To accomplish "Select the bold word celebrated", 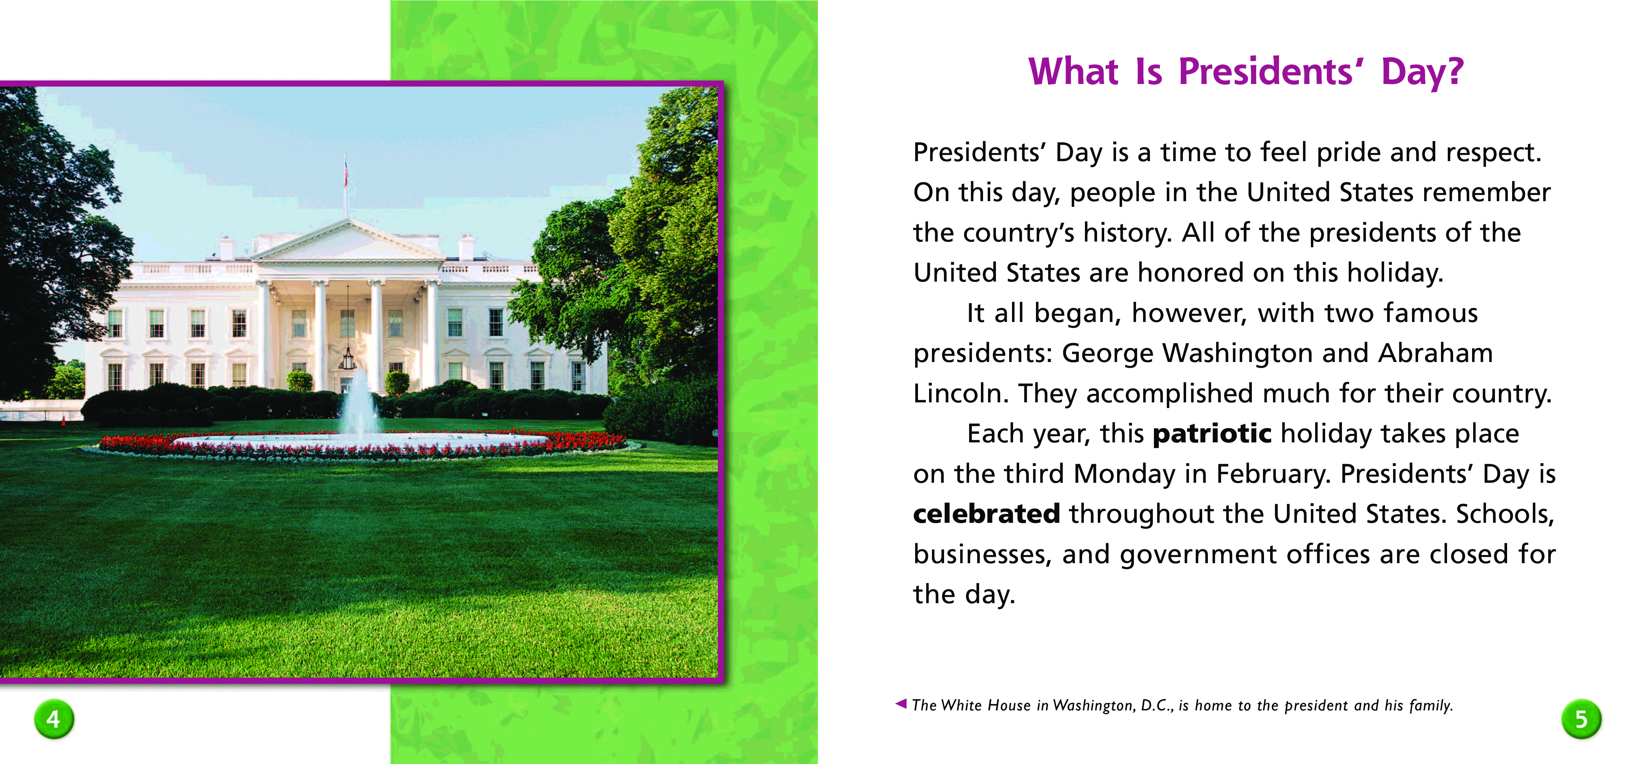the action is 986,514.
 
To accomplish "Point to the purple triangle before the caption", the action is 901,703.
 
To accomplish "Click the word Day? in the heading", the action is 1422,71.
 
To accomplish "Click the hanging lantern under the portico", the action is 347,359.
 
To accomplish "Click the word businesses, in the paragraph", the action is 983,555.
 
